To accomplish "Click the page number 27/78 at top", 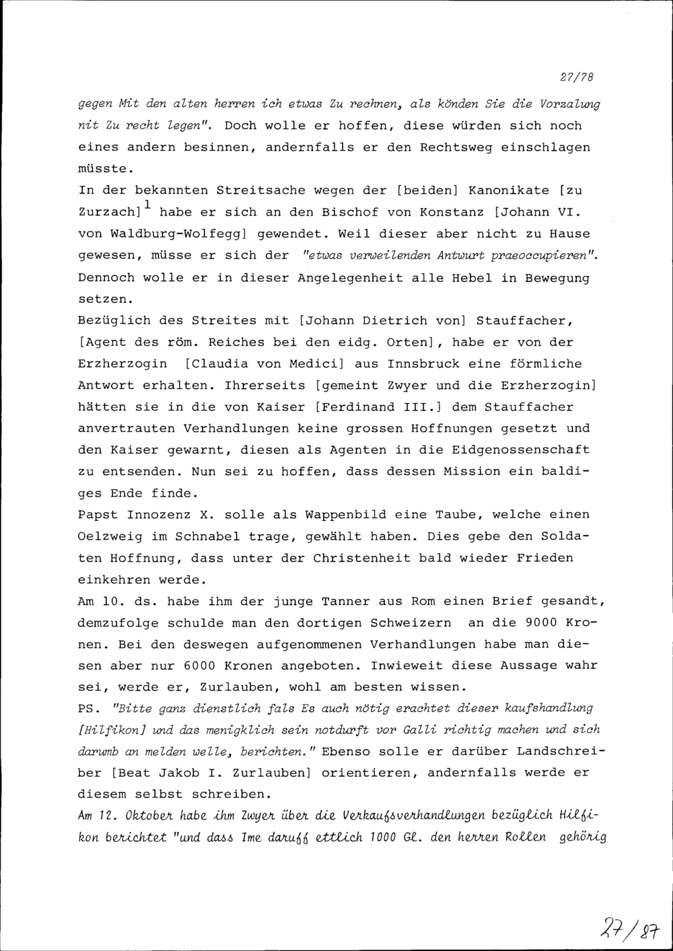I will click(575, 77).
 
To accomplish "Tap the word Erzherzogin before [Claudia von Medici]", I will click(122, 363).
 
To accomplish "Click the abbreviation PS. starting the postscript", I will click(90, 709).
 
